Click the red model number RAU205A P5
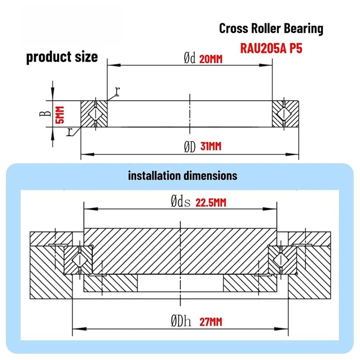[271, 49]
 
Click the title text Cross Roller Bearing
[271, 28]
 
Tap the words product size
[62, 57]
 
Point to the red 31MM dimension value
[211, 146]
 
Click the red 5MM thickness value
[60, 115]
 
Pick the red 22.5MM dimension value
[211, 203]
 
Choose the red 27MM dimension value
[211, 322]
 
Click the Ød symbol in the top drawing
[190, 58]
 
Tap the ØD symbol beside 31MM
[190, 147]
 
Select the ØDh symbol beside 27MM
[181, 321]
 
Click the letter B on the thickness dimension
[45, 113]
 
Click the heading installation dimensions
[183, 176]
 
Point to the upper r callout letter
[117, 91]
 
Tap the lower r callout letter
[69, 132]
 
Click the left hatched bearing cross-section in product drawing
[94, 114]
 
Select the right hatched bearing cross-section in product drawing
[285, 114]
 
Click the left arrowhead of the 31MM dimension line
[87, 154]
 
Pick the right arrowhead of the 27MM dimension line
[282, 329]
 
